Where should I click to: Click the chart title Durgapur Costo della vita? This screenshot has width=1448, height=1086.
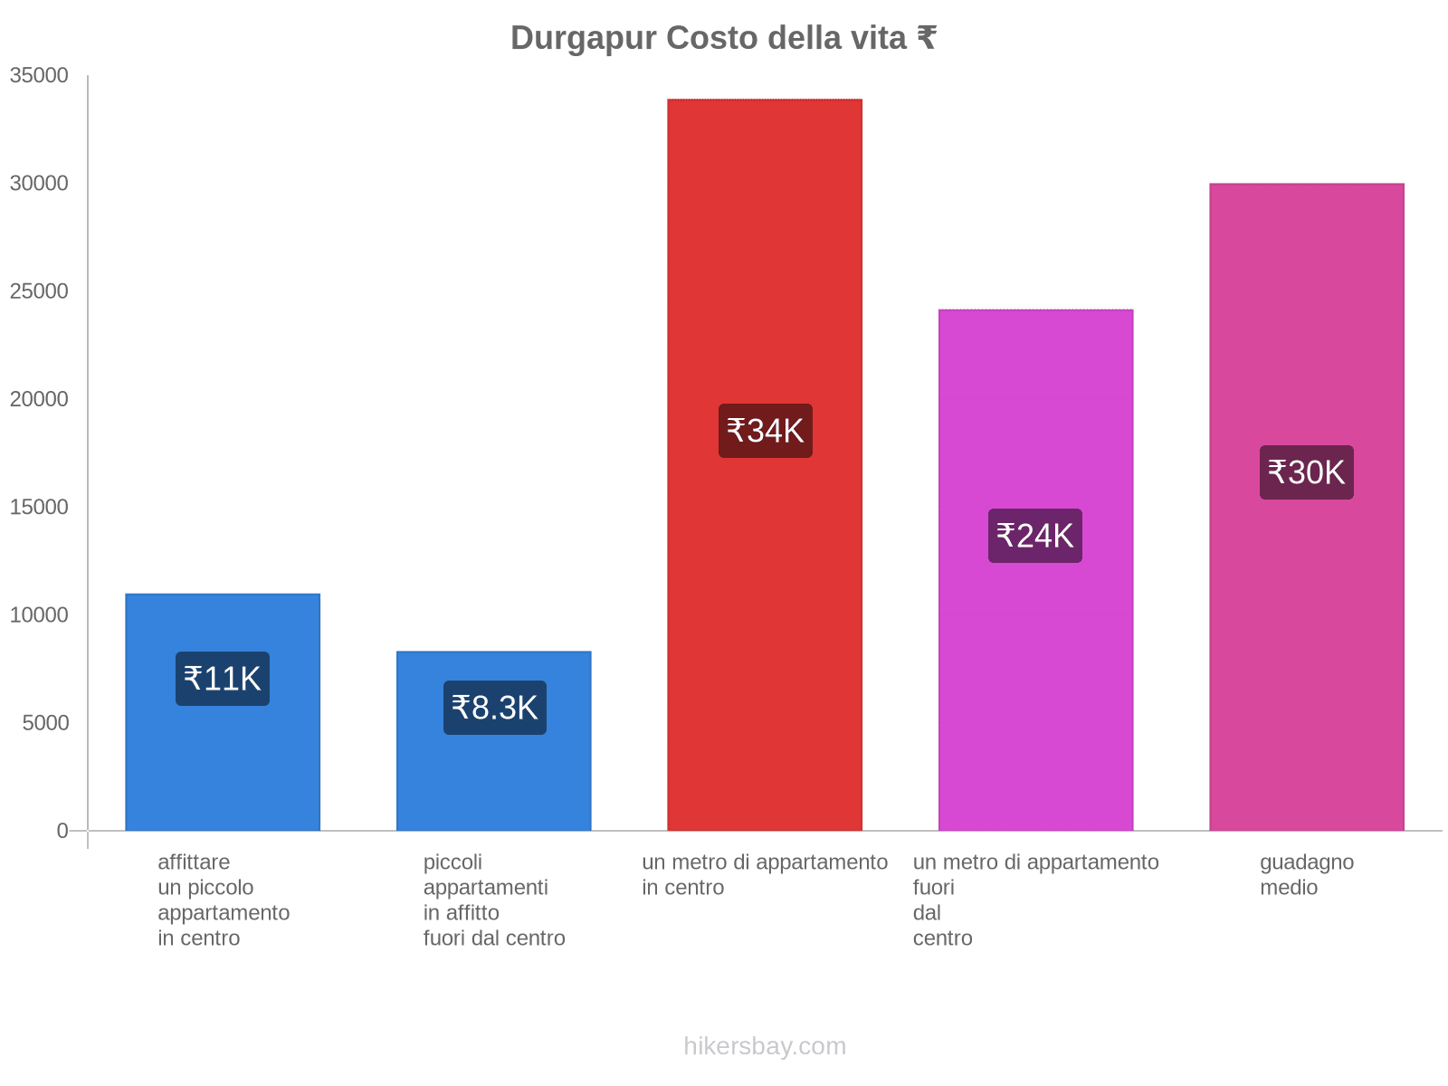723,38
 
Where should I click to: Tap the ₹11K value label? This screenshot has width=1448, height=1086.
223,679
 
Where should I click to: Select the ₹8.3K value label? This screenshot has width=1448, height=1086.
495,708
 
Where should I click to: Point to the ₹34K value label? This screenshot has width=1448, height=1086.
766,431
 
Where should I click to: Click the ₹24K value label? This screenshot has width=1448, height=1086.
1035,536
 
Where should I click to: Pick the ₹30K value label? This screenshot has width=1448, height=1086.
1307,472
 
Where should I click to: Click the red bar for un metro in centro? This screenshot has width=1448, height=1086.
765,271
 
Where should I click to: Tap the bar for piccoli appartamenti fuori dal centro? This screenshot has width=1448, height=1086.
494,778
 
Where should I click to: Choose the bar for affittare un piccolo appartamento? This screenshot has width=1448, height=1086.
223,769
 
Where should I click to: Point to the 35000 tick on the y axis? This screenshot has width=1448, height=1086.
39,75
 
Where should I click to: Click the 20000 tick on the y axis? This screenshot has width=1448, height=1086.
39,399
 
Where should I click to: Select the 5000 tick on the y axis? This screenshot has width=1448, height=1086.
45,723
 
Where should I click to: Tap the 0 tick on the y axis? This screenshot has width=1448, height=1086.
62,831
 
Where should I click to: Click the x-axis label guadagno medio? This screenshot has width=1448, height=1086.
1307,875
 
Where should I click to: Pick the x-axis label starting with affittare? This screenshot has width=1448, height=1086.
224,900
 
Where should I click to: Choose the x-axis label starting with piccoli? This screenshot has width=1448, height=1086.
494,900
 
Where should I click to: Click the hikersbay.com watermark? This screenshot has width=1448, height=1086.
765,1046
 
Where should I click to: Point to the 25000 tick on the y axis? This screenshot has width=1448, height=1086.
39,291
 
